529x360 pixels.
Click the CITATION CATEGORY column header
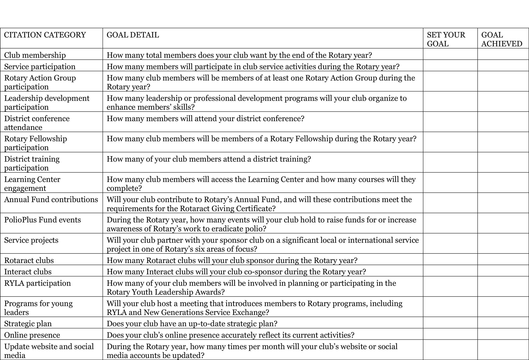(45, 35)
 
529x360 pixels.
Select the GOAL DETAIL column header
(133, 35)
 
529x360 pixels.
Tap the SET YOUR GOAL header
(446, 39)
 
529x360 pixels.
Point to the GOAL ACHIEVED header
(501, 39)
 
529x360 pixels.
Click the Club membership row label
(35, 55)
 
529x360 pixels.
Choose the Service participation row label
(40, 66)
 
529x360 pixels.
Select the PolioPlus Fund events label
(42, 220)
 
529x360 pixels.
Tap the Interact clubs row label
(28, 272)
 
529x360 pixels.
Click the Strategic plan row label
(28, 323)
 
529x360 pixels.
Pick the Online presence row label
(32, 335)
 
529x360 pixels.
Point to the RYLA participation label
(37, 283)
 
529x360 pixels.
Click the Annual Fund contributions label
(51, 199)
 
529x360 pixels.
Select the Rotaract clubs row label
(29, 260)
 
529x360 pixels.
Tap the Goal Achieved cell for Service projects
(503, 244)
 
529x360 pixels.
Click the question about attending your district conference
(205, 119)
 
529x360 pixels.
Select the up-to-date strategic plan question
(192, 324)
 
